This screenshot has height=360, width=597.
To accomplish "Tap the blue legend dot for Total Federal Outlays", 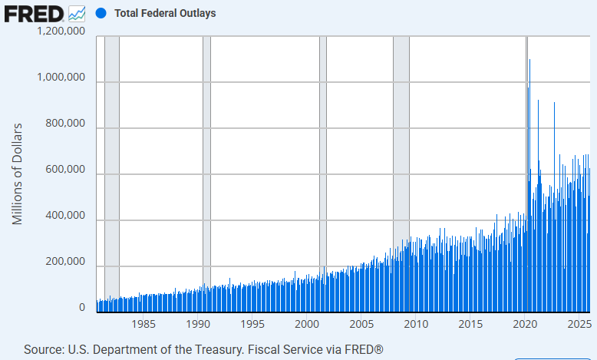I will click(100, 13).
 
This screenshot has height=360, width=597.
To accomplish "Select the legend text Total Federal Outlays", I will click(165, 13).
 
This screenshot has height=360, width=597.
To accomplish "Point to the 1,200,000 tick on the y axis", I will click(61, 32).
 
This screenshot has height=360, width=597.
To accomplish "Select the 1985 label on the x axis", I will click(143, 325).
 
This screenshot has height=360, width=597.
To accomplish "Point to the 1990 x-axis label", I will click(198, 325).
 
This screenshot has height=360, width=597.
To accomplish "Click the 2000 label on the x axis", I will click(307, 325).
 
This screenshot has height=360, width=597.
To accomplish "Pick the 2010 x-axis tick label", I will click(416, 325).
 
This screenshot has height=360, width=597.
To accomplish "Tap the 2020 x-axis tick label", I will click(525, 325).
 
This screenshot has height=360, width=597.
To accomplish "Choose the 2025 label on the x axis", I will click(579, 325).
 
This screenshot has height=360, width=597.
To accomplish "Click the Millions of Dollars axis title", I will click(18, 173).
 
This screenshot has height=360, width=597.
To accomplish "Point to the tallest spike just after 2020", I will click(529, 61).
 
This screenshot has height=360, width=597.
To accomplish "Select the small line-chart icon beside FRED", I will click(78, 13).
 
